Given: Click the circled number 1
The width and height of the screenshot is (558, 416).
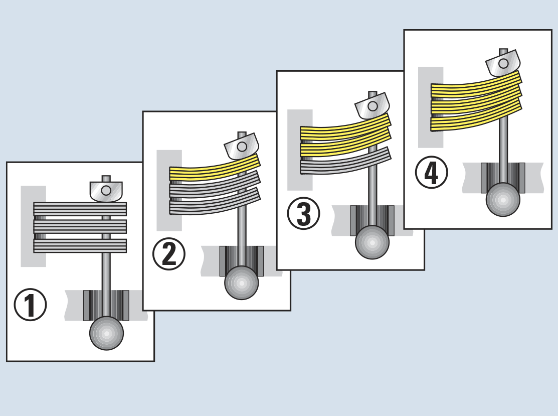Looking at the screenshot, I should pos(30,305).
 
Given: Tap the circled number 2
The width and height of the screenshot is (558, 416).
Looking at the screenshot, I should pos(168,254).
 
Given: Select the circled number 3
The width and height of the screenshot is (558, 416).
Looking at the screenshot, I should pos(303,213).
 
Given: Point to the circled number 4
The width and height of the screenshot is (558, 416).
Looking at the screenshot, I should pos(431,172).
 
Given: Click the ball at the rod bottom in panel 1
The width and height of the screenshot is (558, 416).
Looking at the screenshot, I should pos(106,333).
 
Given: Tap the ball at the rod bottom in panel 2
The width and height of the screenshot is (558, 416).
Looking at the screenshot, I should pos(241,283).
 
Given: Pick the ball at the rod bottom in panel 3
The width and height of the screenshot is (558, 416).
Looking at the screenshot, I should pos(372,242).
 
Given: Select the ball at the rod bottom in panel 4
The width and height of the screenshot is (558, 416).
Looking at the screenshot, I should pos(503,200).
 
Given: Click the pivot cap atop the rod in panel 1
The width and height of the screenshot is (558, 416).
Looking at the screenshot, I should pos(106,191).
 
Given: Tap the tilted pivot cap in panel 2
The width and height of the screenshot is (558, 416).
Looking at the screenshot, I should pos(242,147).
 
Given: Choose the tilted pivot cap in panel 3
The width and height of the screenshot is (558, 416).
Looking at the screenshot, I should pos(372,106).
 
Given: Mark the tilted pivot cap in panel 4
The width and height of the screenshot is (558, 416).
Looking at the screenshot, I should pos(503,63).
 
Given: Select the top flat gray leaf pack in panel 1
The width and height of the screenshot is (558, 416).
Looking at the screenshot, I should pos(80,209).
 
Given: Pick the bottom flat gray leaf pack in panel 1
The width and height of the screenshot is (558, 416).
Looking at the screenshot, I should pos(80,245).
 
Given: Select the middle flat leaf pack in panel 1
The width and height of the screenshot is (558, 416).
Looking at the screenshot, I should pos(80,227).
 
